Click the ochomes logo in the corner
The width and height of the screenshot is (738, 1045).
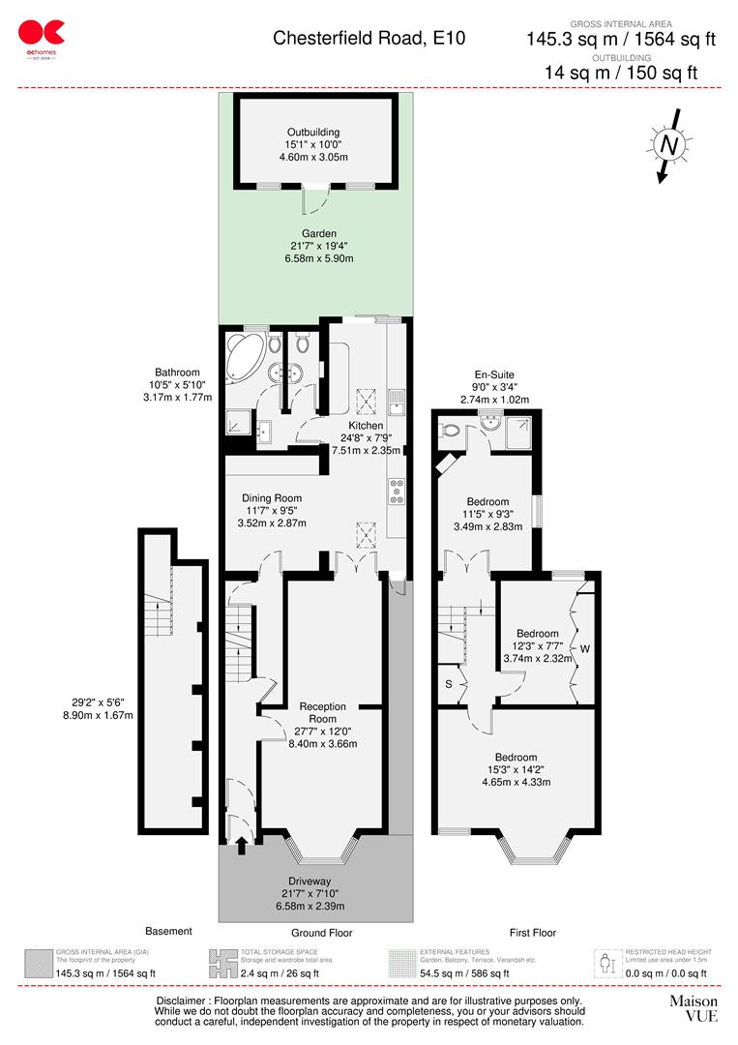point(41,38)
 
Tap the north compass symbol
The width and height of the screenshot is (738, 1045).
point(667,145)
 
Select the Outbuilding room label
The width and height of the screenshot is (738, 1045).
point(312,133)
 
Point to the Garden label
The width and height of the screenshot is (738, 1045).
point(318,233)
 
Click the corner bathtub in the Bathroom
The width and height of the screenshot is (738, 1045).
point(244,360)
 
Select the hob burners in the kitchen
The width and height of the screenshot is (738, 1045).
point(397,493)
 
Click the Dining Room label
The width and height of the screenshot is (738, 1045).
point(273,498)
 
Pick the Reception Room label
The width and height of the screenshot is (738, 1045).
point(322,713)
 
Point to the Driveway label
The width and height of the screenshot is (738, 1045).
point(318,881)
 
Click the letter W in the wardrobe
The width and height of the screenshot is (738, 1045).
point(583,648)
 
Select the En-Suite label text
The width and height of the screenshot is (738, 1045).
point(494,374)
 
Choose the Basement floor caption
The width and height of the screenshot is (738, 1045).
point(168,931)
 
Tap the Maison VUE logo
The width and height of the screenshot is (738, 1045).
point(694,1007)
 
